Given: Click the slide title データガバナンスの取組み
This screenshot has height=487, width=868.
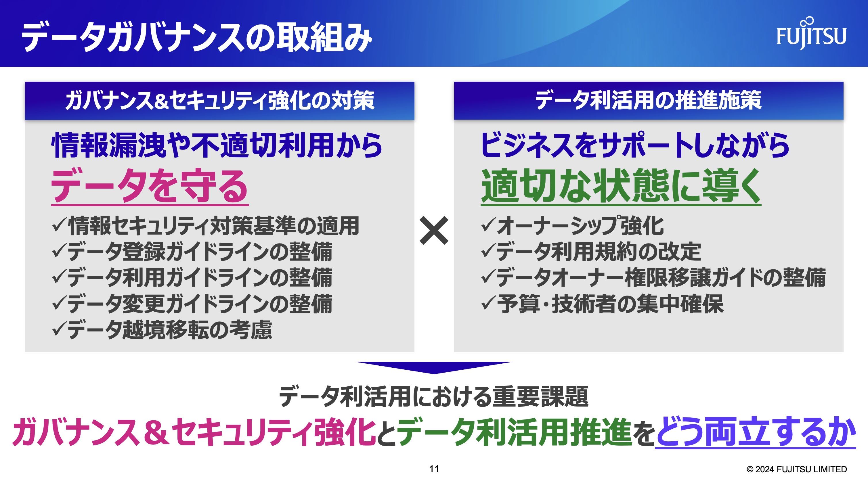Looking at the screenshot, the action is tap(197, 37).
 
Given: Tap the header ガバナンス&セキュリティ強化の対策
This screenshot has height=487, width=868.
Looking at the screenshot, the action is tap(220, 100).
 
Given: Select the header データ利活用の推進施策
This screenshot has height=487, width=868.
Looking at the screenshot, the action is tap(648, 100).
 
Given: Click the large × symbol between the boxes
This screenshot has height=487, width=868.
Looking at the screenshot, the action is tap(434, 230).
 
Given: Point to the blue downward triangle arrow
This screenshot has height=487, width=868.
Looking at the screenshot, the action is tap(434, 368).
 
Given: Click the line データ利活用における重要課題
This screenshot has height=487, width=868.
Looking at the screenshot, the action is tap(434, 396).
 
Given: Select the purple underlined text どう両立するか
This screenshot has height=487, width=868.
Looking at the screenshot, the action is tap(756, 432).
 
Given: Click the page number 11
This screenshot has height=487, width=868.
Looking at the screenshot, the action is tap(434, 469).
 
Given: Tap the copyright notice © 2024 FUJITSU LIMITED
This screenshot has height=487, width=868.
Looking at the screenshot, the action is tap(797, 469).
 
